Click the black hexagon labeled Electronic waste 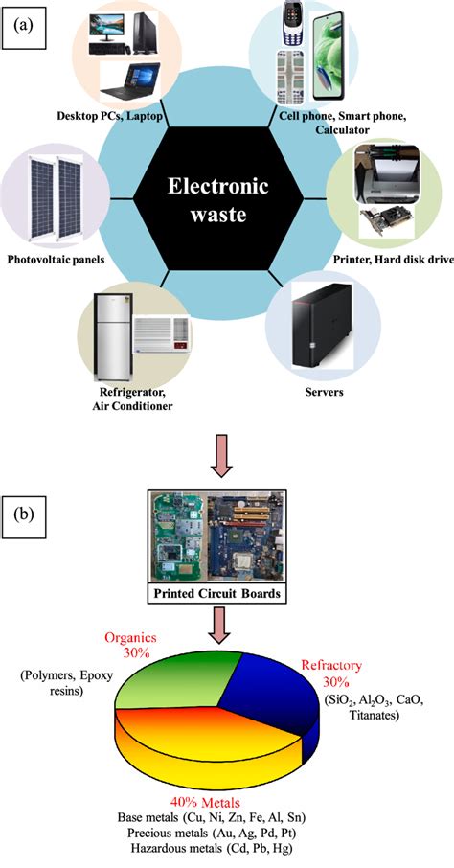(225, 199)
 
